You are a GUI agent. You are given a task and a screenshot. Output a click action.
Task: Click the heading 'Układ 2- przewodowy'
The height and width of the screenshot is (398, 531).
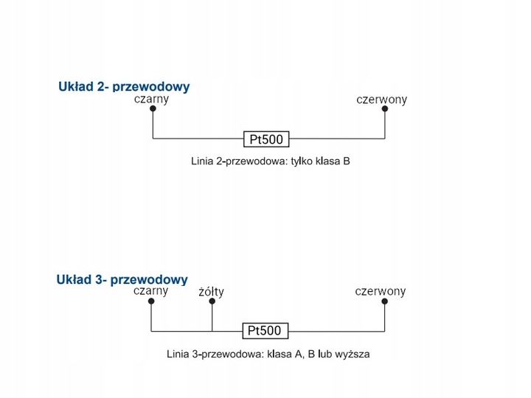pyautogui.click(x=124, y=86)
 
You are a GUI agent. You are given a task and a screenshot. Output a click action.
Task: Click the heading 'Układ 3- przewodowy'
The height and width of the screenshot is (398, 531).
pyautogui.click(x=122, y=279)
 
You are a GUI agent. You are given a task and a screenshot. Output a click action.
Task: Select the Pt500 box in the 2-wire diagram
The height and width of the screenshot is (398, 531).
pyautogui.click(x=266, y=139)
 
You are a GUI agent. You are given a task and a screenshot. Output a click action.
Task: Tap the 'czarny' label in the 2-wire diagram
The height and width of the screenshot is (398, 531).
pyautogui.click(x=151, y=99)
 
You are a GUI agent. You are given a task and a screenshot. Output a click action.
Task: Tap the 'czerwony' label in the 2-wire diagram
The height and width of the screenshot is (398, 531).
pyautogui.click(x=381, y=99)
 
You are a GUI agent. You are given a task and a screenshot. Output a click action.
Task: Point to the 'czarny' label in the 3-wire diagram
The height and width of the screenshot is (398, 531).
pyautogui.click(x=150, y=290)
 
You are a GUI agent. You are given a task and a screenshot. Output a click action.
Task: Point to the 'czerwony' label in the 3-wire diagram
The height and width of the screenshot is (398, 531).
pyautogui.click(x=381, y=291)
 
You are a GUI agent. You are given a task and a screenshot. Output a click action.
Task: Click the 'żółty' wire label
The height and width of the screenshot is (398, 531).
pyautogui.click(x=212, y=292)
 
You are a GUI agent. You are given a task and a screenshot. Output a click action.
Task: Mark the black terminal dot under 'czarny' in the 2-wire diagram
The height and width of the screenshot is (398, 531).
pyautogui.click(x=153, y=108)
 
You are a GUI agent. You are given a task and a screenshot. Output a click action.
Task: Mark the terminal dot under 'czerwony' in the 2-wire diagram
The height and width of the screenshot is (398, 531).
pyautogui.click(x=384, y=108)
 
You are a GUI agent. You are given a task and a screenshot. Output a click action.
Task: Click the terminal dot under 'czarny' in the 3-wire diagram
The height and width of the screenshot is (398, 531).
pyautogui.click(x=151, y=301)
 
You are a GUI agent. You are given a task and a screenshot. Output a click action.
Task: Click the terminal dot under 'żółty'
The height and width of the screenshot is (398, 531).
pyautogui.click(x=212, y=301)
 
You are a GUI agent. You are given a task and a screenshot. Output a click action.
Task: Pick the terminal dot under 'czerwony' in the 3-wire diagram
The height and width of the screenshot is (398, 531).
pyautogui.click(x=384, y=301)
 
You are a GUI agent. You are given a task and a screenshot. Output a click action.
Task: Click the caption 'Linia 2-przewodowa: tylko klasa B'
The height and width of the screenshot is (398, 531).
pyautogui.click(x=270, y=161)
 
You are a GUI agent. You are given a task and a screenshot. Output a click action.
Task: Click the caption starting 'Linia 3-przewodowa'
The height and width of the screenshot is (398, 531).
pyautogui.click(x=268, y=354)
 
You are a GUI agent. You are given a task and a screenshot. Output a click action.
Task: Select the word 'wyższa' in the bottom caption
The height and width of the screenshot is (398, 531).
pyautogui.click(x=353, y=354)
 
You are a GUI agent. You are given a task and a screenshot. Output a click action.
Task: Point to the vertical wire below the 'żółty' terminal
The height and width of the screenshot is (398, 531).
pyautogui.click(x=212, y=317)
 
